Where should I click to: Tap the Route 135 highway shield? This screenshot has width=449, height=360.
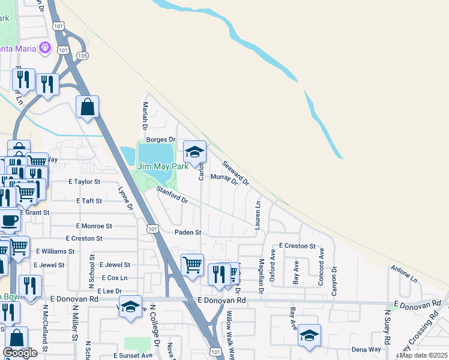pyautogui.click(x=82, y=56)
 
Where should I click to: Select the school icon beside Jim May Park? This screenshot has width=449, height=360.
pyautogui.click(x=194, y=153)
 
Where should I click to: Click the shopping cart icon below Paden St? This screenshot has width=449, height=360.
pyautogui.click(x=192, y=264)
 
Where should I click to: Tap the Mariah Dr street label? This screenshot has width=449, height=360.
pyautogui.click(x=145, y=116)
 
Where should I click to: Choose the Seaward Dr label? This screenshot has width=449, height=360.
pyautogui.click(x=235, y=172)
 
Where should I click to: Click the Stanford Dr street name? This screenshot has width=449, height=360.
pyautogui.click(x=172, y=196)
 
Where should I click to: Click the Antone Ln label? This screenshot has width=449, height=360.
pyautogui.click(x=403, y=275)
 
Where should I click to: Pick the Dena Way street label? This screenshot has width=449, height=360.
pyautogui.click(x=366, y=349)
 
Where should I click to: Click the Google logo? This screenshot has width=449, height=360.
pyautogui.click(x=20, y=353)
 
